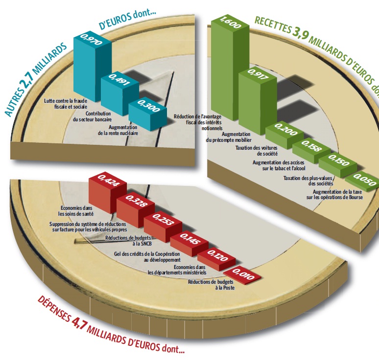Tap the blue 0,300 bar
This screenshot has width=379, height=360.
click(x=148, y=115)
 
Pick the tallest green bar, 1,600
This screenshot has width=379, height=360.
click(x=230, y=68)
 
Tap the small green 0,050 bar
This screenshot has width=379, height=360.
click(x=362, y=182)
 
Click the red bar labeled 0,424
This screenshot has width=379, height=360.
click(x=108, y=195)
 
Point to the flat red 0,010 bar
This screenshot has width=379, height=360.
click(x=242, y=275)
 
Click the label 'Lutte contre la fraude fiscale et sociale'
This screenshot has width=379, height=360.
click(x=66, y=104)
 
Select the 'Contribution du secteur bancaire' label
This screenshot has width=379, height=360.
click(x=92, y=116)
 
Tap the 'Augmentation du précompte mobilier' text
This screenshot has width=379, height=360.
click(x=229, y=137)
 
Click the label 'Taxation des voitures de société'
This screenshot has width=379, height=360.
click(x=257, y=151)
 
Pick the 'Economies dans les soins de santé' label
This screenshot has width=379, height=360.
click(x=76, y=211)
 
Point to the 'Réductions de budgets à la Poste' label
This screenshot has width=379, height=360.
click(x=211, y=284)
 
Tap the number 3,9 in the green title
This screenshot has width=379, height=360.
click(x=301, y=33)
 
